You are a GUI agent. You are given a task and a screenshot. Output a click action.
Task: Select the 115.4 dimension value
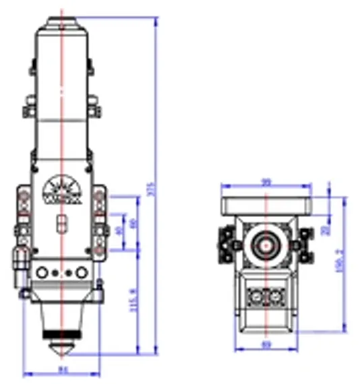click(132, 301)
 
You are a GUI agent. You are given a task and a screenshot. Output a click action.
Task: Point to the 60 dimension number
click(133, 223)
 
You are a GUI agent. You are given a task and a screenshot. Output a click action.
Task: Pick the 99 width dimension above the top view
click(266, 182)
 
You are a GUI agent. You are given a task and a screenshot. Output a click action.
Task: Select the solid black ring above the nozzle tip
click(61, 334)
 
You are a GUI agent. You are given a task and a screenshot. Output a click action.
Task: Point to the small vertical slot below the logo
click(61, 222)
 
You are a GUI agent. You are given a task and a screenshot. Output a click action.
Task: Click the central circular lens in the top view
click(266, 245)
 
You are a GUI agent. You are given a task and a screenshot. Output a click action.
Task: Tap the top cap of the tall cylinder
click(61, 20)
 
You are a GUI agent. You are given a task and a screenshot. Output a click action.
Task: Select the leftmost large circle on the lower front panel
click(44, 273)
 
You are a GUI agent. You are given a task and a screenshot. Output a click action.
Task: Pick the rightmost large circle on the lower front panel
click(81, 273)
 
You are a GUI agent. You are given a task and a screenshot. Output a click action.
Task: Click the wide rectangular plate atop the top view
click(266, 201)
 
